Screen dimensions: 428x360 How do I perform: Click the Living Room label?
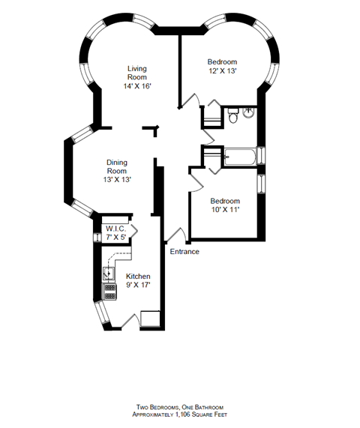(x=136, y=73)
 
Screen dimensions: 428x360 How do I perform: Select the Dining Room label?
(x=116, y=166)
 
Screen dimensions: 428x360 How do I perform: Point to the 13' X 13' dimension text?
(x=116, y=180)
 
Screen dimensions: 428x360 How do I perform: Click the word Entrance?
(x=184, y=252)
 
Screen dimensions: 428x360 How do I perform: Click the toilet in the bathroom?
(x=233, y=116)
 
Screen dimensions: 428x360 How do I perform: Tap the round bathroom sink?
(x=249, y=114)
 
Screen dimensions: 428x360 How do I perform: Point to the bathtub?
(x=239, y=157)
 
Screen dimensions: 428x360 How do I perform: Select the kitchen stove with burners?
(x=109, y=291)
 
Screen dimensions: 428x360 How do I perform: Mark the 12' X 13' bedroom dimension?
(x=222, y=71)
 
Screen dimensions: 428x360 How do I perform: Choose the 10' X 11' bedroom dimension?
(x=225, y=211)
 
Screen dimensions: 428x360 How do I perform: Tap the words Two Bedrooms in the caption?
(x=154, y=406)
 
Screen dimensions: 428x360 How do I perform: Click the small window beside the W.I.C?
(x=96, y=238)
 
